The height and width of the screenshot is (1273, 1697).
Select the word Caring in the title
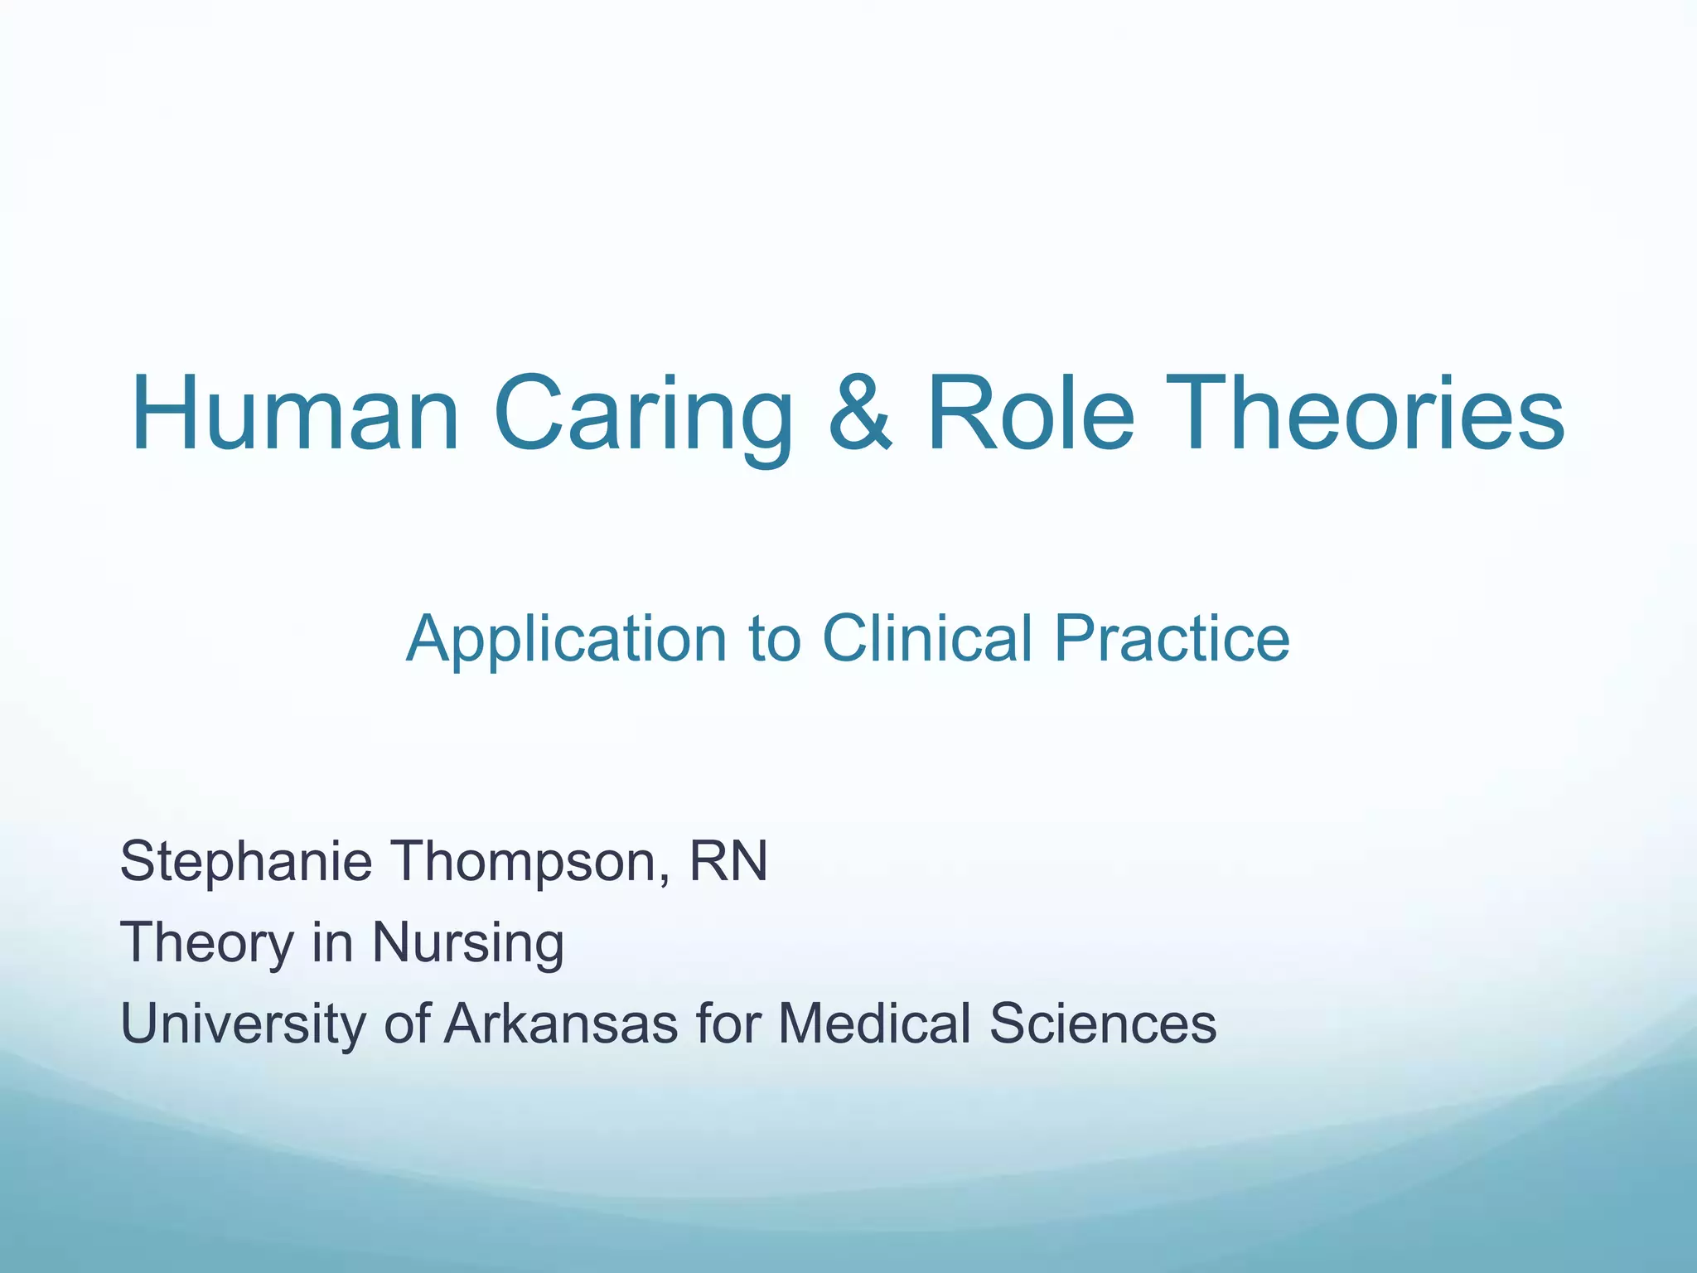(642, 414)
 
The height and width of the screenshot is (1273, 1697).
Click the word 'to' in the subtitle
(775, 639)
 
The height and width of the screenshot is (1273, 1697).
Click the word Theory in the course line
(207, 943)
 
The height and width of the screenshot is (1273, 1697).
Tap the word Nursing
(468, 943)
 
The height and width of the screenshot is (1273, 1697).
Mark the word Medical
(874, 1023)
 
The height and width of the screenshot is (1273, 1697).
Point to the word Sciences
(1103, 1023)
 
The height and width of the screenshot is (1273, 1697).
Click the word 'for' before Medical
(728, 1023)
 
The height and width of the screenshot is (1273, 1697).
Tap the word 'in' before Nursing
(332, 942)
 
